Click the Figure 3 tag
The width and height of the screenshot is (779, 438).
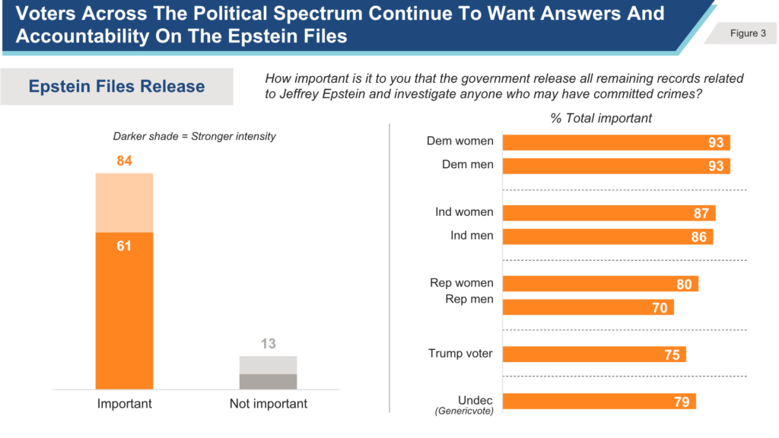[742, 33]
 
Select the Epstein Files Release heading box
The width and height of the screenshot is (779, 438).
[116, 87]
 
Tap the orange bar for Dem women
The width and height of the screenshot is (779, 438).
[616, 142]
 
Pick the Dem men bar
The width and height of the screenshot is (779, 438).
[616, 166]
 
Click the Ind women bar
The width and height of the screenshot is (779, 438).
[609, 213]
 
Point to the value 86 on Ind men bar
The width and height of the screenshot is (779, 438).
[698, 237]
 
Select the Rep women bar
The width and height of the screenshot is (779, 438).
[600, 284]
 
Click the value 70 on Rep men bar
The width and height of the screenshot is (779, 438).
[660, 308]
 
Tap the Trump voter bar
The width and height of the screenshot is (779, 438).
[594, 354]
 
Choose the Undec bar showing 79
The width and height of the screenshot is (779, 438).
[599, 401]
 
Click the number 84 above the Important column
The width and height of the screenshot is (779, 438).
[124, 161]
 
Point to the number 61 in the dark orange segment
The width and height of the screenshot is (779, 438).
[124, 246]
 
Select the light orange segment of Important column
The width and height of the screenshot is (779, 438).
[124, 202]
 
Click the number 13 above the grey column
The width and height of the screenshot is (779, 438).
[269, 344]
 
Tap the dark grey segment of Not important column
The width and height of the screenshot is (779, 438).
[269, 382]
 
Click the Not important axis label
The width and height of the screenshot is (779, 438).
[269, 404]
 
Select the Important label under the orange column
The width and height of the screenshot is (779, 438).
[124, 404]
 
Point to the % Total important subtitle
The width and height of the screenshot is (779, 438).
[601, 118]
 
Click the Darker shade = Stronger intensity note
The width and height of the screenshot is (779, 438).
[194, 137]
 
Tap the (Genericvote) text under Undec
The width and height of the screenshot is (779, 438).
[464, 411]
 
